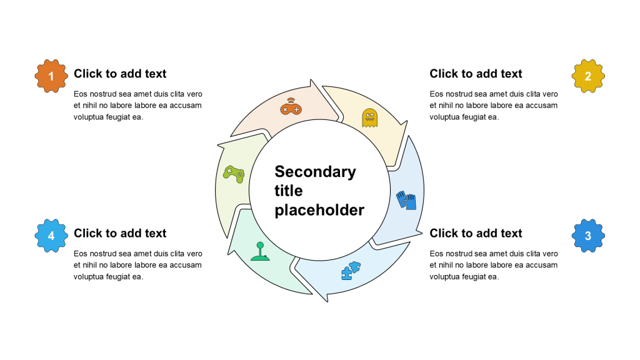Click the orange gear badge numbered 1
pyautogui.click(x=51, y=76)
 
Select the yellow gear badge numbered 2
pyautogui.click(x=588, y=76)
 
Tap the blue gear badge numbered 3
pyautogui.click(x=588, y=236)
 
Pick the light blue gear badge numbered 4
pyautogui.click(x=51, y=236)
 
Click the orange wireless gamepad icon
pyautogui.click(x=291, y=106)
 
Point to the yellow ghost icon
pyautogui.click(x=370, y=117)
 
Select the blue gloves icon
pyautogui.click(x=406, y=201)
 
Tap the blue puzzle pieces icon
pyautogui.click(x=351, y=269)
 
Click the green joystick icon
pyautogui.click(x=259, y=251)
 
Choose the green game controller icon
pyautogui.click(x=234, y=174)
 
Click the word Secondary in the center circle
pyautogui.click(x=315, y=171)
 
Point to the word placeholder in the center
pyautogui.click(x=319, y=210)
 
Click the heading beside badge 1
pyautogui.click(x=120, y=74)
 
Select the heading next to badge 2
pyautogui.click(x=476, y=74)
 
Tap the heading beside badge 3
pyautogui.click(x=476, y=233)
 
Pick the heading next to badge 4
pyautogui.click(x=120, y=233)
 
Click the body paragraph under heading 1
pyautogui.click(x=137, y=105)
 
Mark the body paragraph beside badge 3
pyautogui.click(x=494, y=264)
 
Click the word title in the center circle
pyautogui.click(x=288, y=191)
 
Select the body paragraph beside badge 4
pyautogui.click(x=137, y=264)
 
